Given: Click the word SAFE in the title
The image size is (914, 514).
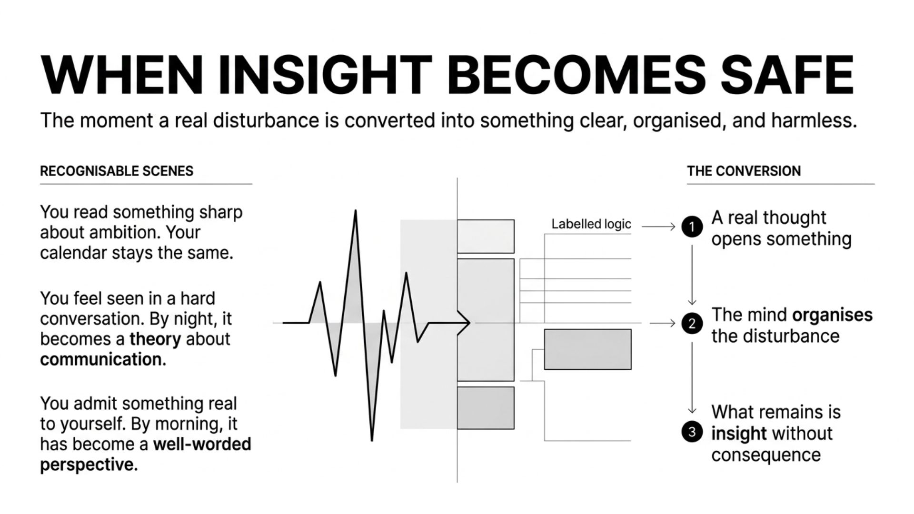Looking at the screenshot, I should tap(787, 75).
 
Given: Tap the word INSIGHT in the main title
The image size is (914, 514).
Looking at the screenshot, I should tap(325, 75).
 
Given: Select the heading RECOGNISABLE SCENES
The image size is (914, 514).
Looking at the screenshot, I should tap(117, 171).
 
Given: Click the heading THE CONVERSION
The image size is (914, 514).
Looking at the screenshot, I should tap(744, 171).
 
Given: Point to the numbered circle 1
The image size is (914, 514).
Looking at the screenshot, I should tap(692, 227).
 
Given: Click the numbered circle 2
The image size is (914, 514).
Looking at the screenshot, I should tap(692, 324).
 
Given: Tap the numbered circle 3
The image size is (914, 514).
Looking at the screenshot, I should tap(692, 432).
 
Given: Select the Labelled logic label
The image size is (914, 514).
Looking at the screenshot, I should tap(591, 224).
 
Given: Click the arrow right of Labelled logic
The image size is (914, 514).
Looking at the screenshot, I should tap(659, 227).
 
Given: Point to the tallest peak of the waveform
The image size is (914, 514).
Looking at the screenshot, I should tap(355, 212).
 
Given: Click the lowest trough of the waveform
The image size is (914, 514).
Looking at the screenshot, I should tap(372, 439).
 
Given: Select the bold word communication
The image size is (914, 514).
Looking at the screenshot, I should tap(102, 360).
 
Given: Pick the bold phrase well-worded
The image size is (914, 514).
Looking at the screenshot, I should tap(202, 445).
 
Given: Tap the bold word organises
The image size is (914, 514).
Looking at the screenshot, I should tap(832, 315).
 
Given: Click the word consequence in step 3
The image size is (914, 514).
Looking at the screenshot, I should tap(766, 455).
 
